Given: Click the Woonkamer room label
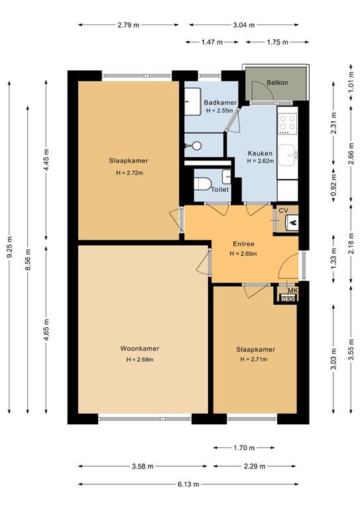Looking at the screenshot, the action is coord(140,349).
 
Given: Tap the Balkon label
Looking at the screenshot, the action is coord(277,82).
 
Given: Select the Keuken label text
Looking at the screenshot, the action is coord(260,153).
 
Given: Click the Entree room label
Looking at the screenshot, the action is coord(243,244).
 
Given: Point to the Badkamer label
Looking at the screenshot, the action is coord(220,103).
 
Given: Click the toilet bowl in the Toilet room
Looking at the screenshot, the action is coord(203,184).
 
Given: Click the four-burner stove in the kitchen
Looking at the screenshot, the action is coord(288,123).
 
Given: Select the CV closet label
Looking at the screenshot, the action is coord(283,211).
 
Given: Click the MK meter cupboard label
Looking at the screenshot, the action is coord(293,290).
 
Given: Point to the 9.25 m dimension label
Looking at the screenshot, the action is coord(10,247).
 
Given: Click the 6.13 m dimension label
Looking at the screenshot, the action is coord(188,484).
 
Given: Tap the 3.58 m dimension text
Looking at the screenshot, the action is coord(143,467).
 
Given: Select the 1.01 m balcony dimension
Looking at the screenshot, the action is coord(351,82).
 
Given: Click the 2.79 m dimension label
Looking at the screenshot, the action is coord(128,25).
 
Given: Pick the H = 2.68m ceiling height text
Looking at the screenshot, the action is coord(140,360).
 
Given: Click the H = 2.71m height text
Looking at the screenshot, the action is coord(254,359).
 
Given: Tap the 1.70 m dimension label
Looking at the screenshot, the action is coord(244,448).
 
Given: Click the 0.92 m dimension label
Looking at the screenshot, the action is coord(333,184).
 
